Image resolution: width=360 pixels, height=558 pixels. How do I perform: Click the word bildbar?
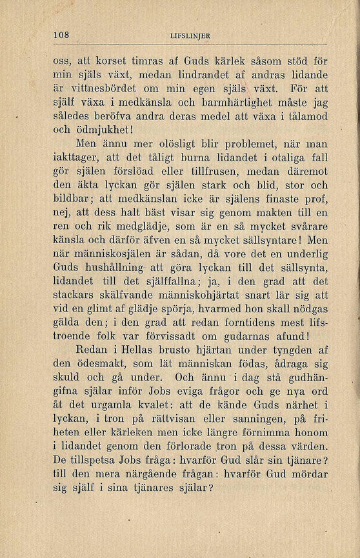72,198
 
